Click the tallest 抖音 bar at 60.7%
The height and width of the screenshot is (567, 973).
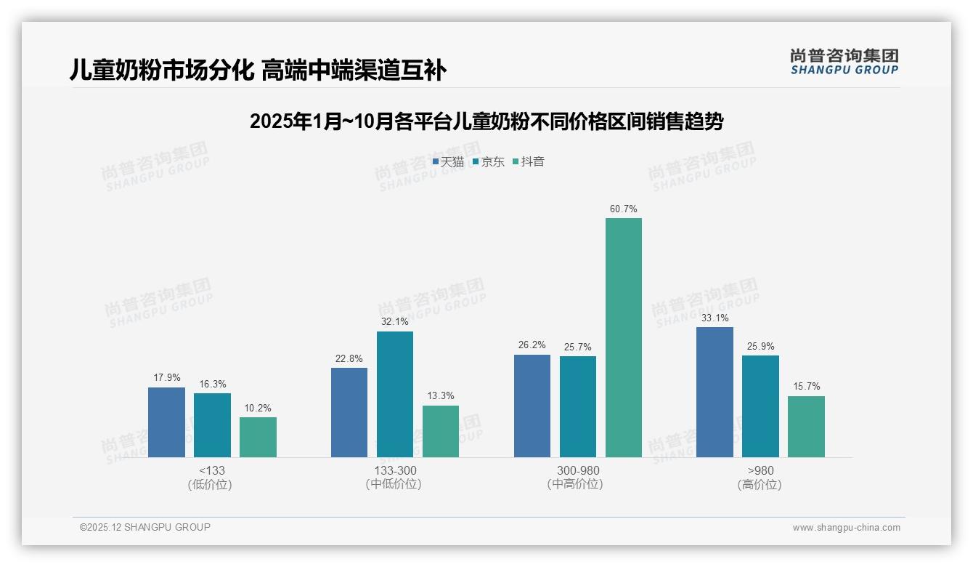(x=624, y=337)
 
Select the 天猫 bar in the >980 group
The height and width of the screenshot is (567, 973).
(x=715, y=392)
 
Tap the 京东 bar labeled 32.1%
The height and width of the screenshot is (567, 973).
(x=394, y=394)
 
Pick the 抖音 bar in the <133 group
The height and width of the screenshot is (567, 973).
(x=258, y=437)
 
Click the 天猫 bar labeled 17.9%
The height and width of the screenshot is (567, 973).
(x=166, y=422)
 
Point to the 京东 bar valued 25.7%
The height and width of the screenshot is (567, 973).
(x=577, y=406)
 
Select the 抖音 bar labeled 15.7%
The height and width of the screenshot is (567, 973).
(x=806, y=426)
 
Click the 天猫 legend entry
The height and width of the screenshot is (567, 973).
(x=448, y=162)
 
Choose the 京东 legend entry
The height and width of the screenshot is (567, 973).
(x=488, y=162)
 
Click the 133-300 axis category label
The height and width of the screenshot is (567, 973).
(x=395, y=470)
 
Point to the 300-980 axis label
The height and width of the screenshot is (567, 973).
(x=577, y=470)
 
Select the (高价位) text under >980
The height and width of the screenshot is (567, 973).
(x=760, y=484)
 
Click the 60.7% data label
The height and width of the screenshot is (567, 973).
(x=623, y=209)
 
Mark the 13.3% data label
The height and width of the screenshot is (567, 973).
(x=440, y=396)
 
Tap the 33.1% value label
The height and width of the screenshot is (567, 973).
(x=715, y=318)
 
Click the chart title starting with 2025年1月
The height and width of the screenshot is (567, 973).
(x=486, y=121)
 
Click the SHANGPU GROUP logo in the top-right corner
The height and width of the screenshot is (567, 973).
(x=844, y=62)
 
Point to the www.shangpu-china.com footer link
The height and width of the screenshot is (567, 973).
(x=846, y=528)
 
